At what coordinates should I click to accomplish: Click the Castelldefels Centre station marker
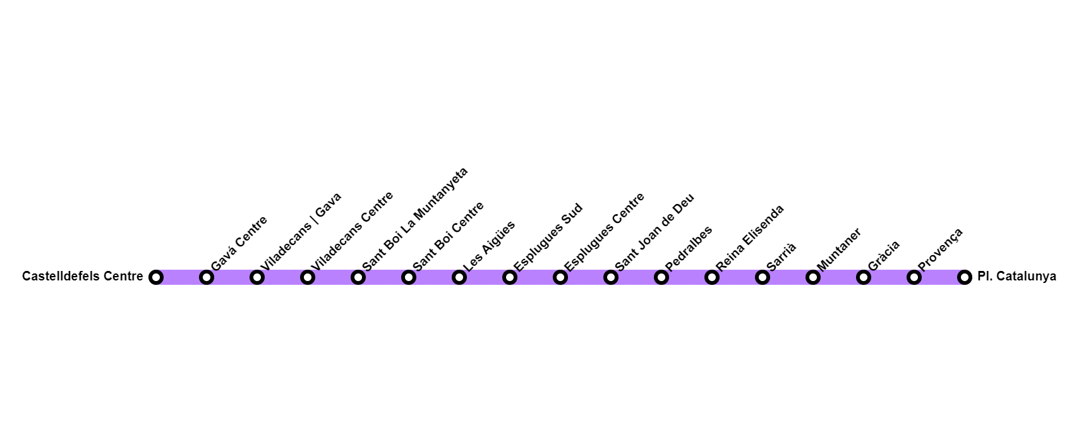[x=156, y=277]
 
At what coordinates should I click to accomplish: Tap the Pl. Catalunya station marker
[x=964, y=277]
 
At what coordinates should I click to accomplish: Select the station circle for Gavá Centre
[x=207, y=277]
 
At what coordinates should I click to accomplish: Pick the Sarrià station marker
[x=762, y=277]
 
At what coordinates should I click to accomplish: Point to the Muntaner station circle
[x=812, y=277]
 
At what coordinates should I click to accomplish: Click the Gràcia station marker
[x=863, y=277]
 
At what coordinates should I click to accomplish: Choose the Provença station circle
[x=914, y=277]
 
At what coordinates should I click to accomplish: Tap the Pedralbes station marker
[x=661, y=277]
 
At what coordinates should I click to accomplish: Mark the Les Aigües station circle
[x=459, y=277]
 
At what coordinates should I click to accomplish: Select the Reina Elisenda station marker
[x=711, y=277]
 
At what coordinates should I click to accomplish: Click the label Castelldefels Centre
[x=83, y=277]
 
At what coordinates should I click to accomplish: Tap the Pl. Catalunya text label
[x=1017, y=277]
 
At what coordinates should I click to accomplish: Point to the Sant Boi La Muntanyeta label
[x=415, y=219]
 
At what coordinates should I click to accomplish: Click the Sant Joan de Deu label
[x=655, y=232]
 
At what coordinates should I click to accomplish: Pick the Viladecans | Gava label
[x=301, y=231]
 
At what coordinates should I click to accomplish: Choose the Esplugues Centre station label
[x=605, y=232]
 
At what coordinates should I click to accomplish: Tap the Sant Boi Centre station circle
[x=409, y=277]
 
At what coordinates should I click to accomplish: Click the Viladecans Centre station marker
[x=308, y=277]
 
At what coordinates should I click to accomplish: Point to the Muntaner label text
[x=839, y=249]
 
